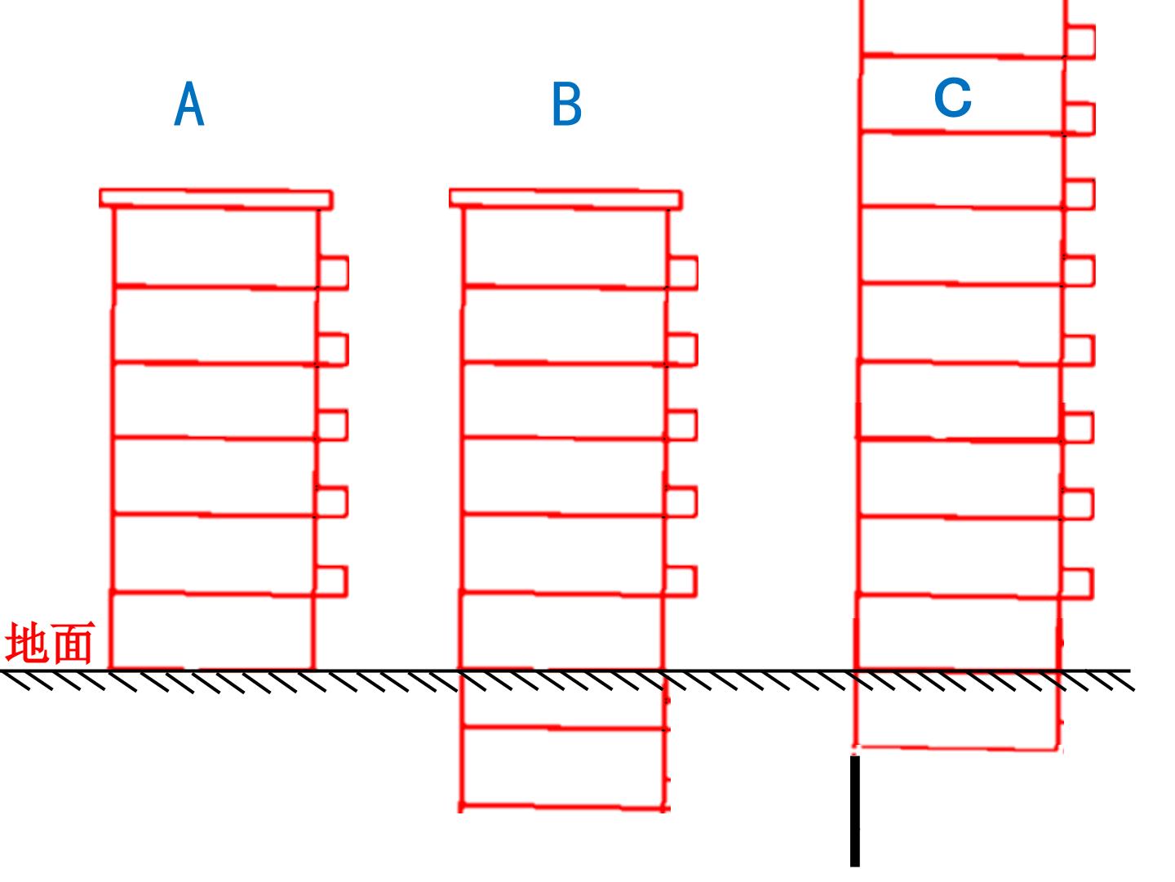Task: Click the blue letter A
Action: pos(189,104)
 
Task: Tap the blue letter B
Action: pos(566,104)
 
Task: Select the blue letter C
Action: pos(952,97)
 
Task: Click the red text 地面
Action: pos(49,642)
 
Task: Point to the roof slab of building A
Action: pos(215,198)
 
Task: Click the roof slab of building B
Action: pos(565,198)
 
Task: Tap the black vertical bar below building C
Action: pos(855,811)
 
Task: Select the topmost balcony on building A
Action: pos(333,273)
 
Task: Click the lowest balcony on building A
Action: pos(331,581)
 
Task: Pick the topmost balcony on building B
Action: pos(682,273)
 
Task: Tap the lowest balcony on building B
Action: pos(681,581)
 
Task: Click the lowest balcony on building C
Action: pos(1076,584)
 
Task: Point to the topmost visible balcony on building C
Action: pos(1080,41)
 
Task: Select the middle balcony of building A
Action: pos(332,425)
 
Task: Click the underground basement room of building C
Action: pos(957,709)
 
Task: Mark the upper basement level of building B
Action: pos(563,699)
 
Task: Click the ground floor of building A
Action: pos(212,630)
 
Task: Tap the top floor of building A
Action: pos(215,247)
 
